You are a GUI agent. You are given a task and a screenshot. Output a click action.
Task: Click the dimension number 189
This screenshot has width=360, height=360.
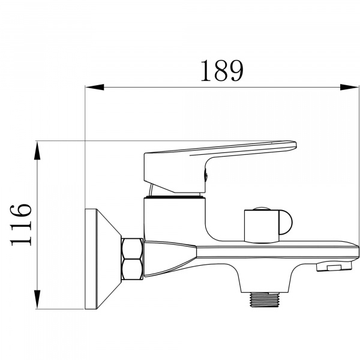click(221, 71)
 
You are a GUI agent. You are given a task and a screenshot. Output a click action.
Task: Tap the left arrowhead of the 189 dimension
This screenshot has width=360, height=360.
click(94, 88)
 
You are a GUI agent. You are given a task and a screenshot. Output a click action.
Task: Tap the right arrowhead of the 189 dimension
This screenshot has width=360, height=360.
click(350, 88)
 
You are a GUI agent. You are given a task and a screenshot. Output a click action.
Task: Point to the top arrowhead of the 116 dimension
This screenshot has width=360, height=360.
click(37, 149)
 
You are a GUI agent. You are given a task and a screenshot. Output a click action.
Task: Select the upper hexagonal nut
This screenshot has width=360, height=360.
click(132, 248)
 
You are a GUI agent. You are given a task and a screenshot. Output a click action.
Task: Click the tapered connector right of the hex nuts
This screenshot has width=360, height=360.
click(168, 258)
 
